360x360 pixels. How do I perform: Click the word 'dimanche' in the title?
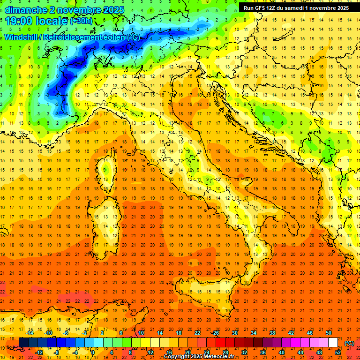24,10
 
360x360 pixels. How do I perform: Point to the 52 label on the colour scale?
337,352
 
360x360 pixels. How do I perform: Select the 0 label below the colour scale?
93,352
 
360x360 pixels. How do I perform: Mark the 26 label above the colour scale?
216,333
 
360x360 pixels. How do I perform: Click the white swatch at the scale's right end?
333,342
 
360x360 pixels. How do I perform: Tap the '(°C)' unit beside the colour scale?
349,343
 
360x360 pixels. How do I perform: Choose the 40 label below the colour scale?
281,352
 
